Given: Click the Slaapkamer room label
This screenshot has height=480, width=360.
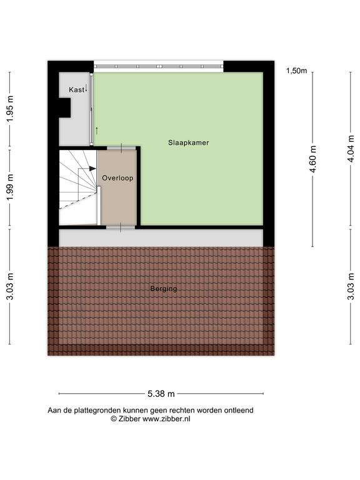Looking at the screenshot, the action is [x=189, y=142].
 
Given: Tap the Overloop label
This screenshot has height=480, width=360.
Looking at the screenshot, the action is [x=117, y=178].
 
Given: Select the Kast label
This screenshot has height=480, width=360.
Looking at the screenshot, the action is [x=76, y=90].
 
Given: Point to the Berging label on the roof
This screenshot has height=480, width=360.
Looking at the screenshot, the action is [x=164, y=288].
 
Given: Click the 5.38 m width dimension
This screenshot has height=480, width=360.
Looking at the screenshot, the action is [x=161, y=394].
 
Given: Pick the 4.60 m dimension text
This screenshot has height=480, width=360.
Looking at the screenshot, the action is [x=313, y=159].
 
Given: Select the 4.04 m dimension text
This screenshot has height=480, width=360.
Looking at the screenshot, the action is [x=351, y=149].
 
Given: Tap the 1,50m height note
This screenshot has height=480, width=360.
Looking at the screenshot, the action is [x=296, y=71].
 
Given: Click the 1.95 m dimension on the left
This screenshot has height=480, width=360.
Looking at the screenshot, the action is [x=10, y=109].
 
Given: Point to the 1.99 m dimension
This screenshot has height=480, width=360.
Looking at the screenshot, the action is [x=10, y=187].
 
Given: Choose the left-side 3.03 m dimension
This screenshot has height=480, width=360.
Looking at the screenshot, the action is [x=10, y=286].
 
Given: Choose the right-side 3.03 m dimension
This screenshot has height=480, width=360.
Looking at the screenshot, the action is [x=351, y=286].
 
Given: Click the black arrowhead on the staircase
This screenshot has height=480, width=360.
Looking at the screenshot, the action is [x=92, y=168].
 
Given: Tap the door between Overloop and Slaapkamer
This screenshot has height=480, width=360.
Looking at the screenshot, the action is [x=121, y=149].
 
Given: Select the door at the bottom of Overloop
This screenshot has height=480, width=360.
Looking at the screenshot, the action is [x=121, y=227].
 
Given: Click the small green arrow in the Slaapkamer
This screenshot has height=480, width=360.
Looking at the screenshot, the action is [x=97, y=131].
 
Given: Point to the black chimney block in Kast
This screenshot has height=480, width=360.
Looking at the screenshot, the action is [x=64, y=107].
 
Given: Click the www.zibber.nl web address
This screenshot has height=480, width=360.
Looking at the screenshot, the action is [x=166, y=419].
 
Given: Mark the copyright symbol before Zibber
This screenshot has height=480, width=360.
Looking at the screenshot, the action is [x=114, y=419].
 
